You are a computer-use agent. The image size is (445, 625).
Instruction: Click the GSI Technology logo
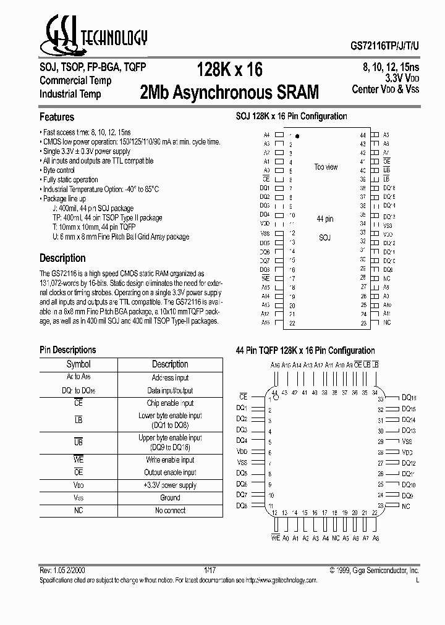[93, 39]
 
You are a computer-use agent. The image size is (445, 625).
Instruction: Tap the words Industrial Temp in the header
[70, 94]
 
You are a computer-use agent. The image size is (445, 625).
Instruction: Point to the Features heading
[57, 117]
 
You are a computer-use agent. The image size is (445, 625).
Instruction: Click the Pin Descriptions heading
[68, 350]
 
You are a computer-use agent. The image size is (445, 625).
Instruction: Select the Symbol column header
[78, 364]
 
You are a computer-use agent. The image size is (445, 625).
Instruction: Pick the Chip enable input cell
[170, 403]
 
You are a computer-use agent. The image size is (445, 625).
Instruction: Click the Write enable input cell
[170, 459]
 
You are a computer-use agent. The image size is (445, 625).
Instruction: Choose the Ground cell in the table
[170, 497]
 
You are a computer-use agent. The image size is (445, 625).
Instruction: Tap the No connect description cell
[170, 510]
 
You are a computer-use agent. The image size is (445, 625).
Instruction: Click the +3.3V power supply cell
[170, 485]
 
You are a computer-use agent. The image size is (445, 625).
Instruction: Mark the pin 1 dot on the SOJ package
[297, 135]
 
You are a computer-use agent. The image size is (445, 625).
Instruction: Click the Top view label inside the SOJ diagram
[326, 167]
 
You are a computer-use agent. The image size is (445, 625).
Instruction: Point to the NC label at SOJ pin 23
[387, 322]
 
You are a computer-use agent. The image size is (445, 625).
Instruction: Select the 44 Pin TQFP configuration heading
[305, 350]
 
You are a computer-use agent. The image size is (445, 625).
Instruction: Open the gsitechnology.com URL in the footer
[281, 580]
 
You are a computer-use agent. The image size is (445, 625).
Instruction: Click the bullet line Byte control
[59, 170]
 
